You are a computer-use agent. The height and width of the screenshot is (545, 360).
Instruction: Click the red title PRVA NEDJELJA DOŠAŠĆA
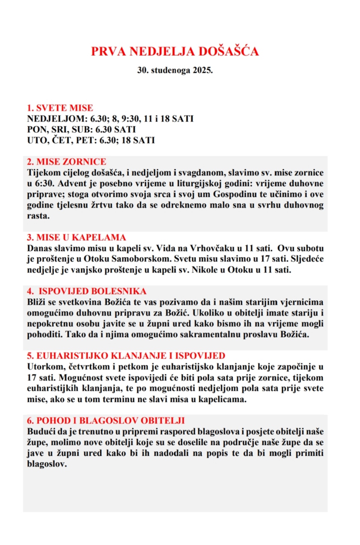(x=175, y=52)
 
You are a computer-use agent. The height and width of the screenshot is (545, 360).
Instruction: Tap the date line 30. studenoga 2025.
(x=175, y=70)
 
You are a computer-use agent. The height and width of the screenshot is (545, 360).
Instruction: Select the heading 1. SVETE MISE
(x=60, y=108)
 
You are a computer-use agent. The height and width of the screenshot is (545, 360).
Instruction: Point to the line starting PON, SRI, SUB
(x=81, y=130)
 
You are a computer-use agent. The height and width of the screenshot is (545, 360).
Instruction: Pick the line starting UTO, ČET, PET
(x=90, y=140)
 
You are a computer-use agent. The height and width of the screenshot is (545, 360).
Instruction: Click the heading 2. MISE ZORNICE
(x=67, y=162)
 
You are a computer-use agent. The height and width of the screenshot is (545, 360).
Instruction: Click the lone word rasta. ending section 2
(x=38, y=216)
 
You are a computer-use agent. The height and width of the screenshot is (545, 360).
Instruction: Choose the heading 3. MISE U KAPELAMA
(x=76, y=238)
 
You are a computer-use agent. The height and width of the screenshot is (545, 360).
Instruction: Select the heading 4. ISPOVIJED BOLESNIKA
(x=87, y=291)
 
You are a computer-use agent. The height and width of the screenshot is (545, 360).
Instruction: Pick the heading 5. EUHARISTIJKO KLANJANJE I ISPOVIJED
(x=126, y=356)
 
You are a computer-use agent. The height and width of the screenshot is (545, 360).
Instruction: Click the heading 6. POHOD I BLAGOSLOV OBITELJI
(x=106, y=421)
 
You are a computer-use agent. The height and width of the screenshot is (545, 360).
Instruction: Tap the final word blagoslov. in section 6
(x=47, y=464)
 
